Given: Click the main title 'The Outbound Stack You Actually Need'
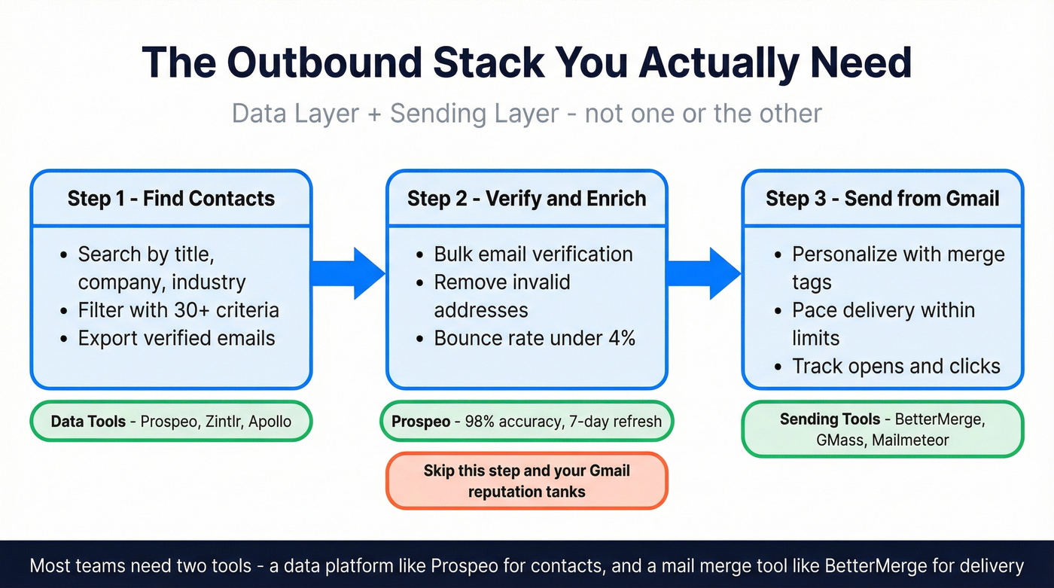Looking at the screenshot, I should tap(526, 62).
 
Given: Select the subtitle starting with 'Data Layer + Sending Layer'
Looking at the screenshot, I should tap(526, 114).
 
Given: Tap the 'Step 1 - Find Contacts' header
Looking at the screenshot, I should tap(171, 199).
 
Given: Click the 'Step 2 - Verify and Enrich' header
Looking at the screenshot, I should tap(526, 199).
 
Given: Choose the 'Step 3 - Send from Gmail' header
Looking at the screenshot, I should tap(882, 199).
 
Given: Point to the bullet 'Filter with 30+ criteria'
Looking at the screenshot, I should tap(178, 310).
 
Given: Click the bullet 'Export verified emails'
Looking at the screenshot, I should tap(176, 338).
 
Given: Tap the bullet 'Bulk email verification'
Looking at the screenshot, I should tap(533, 254).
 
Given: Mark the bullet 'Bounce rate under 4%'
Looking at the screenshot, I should tap(535, 338).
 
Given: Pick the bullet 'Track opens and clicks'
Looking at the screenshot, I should tap(896, 367).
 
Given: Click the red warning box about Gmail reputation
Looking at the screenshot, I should tap(526, 481).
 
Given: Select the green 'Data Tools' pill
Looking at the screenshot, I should tap(171, 422).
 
